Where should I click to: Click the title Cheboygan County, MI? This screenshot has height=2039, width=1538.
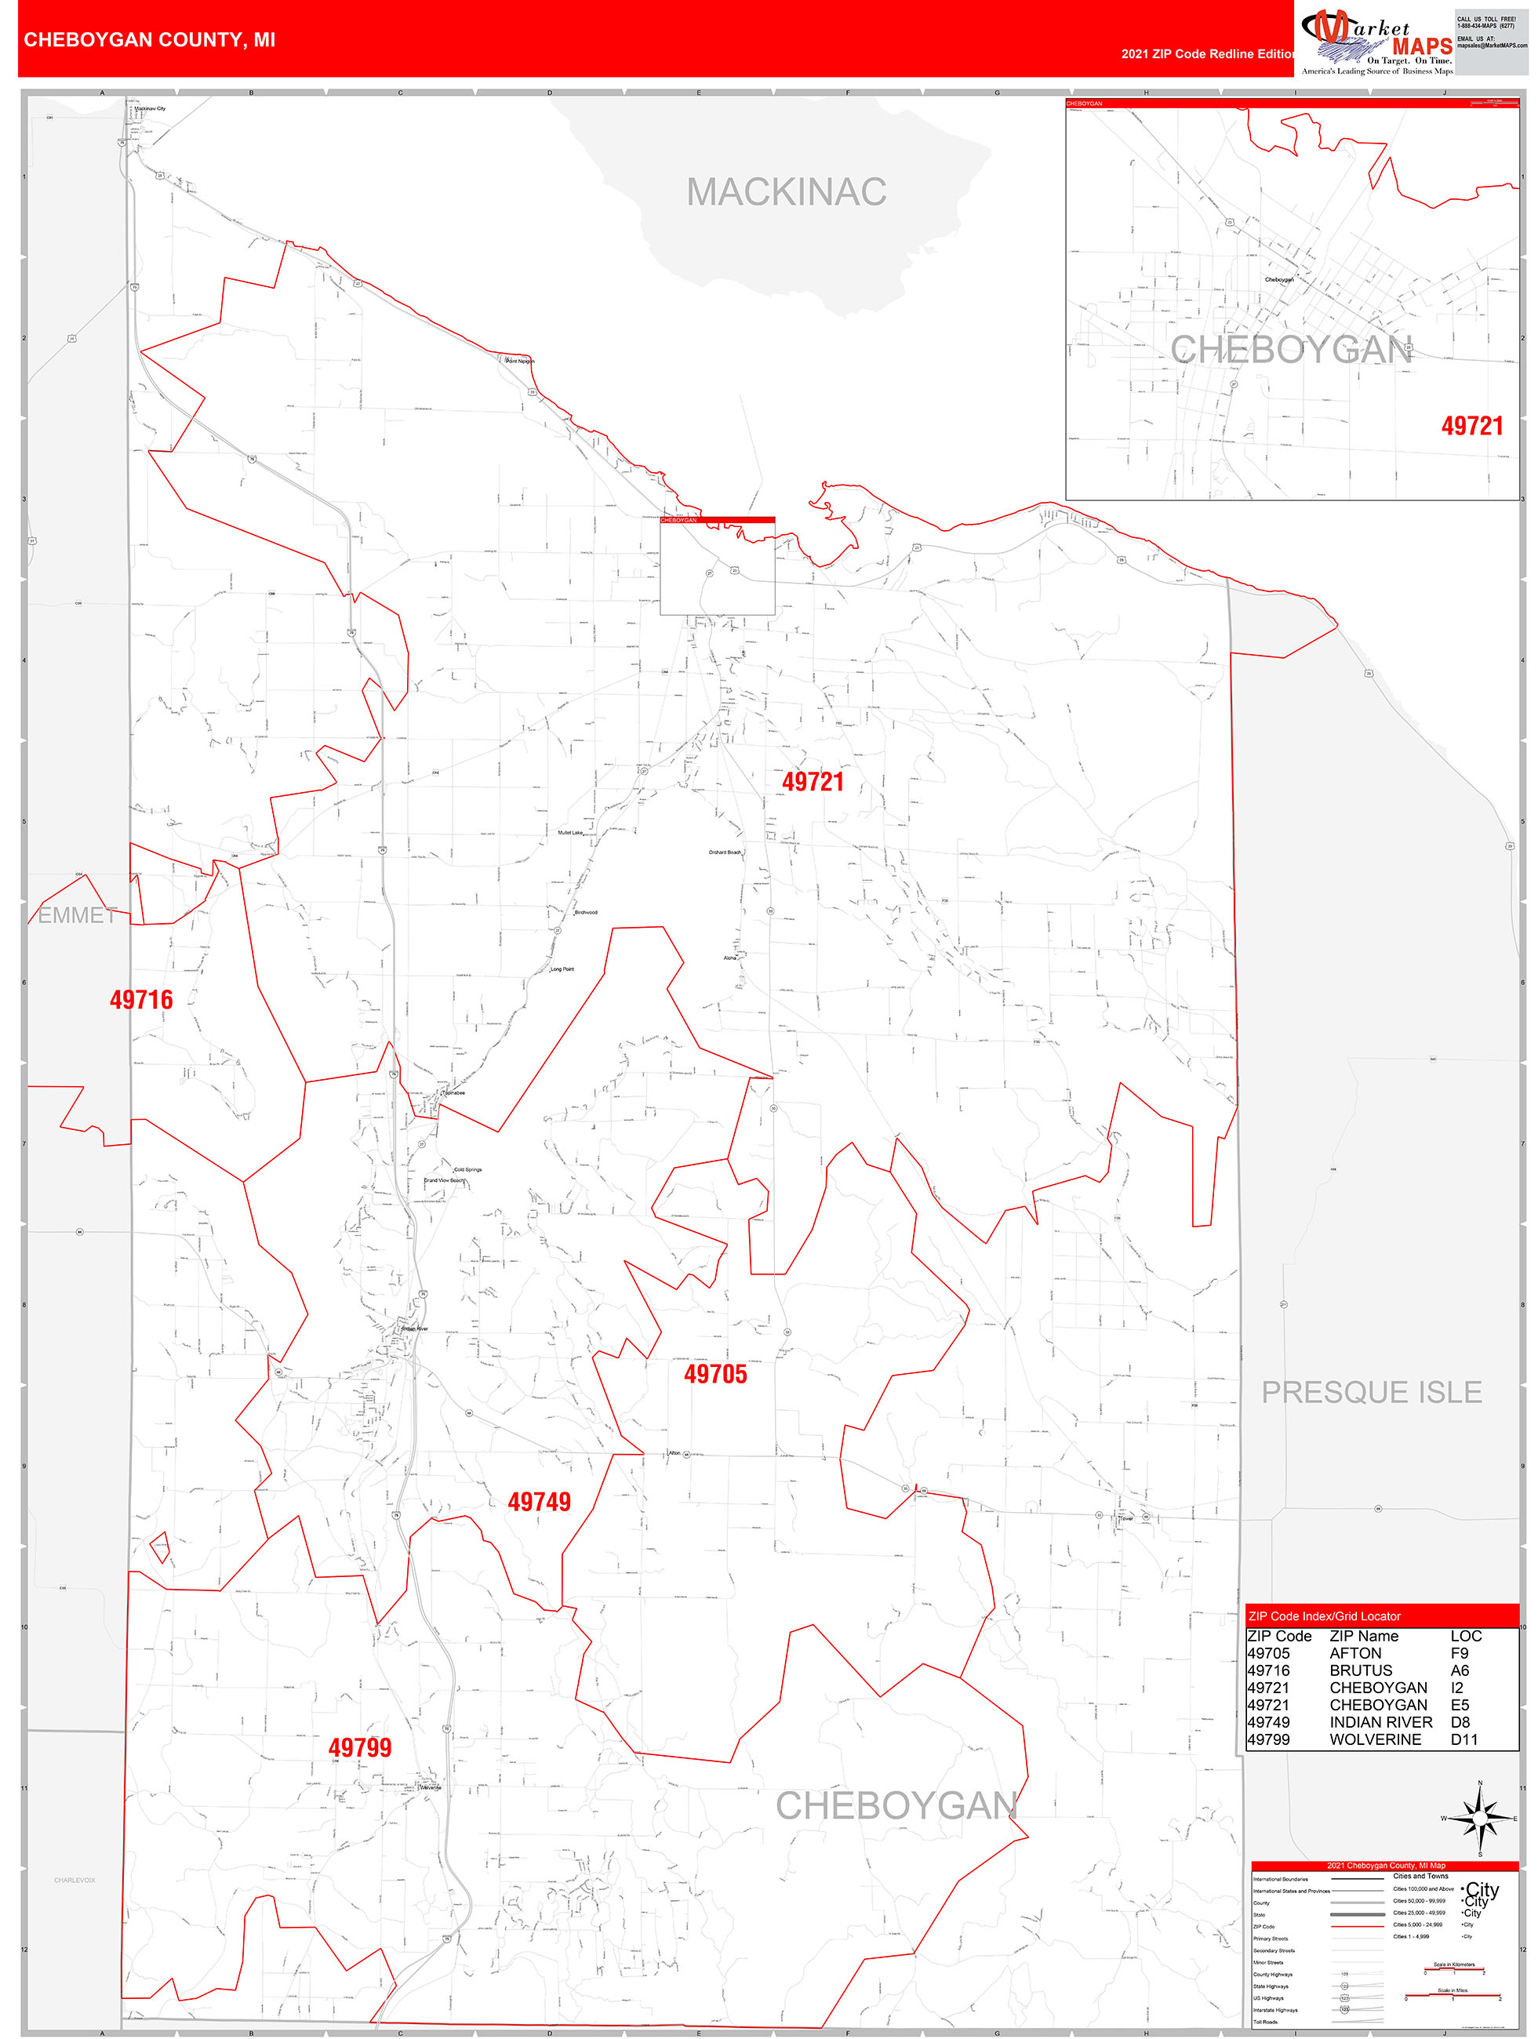[x=149, y=40]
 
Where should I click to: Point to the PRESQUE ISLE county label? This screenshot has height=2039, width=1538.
[x=1370, y=1392]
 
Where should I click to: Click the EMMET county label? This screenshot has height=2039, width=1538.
[x=77, y=915]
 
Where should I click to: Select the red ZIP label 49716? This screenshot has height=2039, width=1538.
[x=141, y=1000]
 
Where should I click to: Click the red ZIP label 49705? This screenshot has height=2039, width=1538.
[x=714, y=1375]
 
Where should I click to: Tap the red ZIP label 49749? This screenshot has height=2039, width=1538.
[x=539, y=1502]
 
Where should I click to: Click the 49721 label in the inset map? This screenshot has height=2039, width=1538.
[x=1471, y=426]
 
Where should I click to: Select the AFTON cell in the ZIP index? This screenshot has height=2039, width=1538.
[x=1354, y=1653]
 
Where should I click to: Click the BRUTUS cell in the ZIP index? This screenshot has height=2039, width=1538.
[x=1360, y=1670]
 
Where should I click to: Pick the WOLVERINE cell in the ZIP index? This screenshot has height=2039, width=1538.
[x=1375, y=1739]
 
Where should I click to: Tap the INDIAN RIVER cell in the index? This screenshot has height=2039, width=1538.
[x=1380, y=1722]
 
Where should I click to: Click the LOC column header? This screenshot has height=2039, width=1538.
[x=1465, y=1636]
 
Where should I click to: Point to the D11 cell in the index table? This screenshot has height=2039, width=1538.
[x=1463, y=1739]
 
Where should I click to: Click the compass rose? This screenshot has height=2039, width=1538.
[x=1479, y=1818]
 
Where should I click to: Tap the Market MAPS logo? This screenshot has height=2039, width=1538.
[x=1376, y=43]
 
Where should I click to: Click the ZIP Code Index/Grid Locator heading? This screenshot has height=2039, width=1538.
[x=1323, y=1616]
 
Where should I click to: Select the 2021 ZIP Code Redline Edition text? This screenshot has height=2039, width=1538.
[x=1207, y=53]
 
